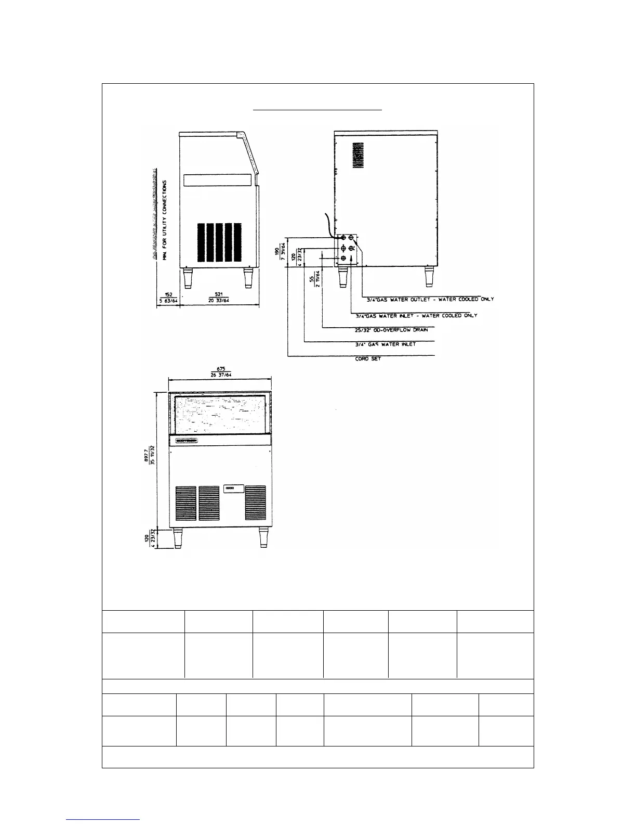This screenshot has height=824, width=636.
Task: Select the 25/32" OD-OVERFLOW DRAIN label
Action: [388, 330]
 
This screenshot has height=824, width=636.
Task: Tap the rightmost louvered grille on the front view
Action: [255, 504]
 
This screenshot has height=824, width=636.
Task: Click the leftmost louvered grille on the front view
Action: [186, 504]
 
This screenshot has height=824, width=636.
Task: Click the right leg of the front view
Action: [263, 537]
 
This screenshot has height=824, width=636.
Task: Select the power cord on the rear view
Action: [329, 225]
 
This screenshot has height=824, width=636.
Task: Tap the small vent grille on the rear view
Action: [356, 157]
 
